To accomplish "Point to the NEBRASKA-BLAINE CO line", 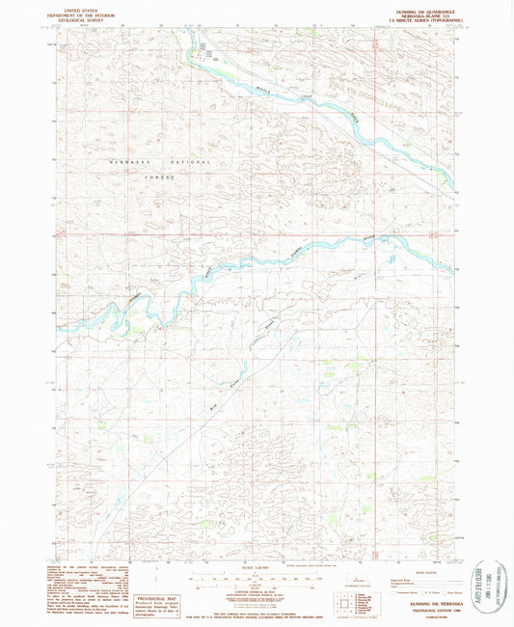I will [422, 13].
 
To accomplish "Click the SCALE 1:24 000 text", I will [256, 569].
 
